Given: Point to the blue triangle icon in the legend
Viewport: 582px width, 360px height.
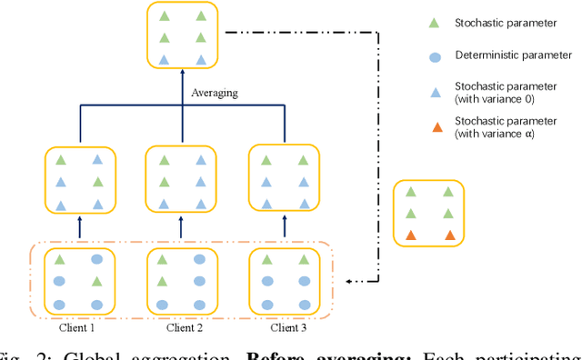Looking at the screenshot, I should click(435, 92).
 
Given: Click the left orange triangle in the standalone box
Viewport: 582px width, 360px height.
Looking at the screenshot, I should click(411, 235).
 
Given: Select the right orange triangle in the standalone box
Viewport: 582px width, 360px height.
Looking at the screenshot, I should click(448, 235).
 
